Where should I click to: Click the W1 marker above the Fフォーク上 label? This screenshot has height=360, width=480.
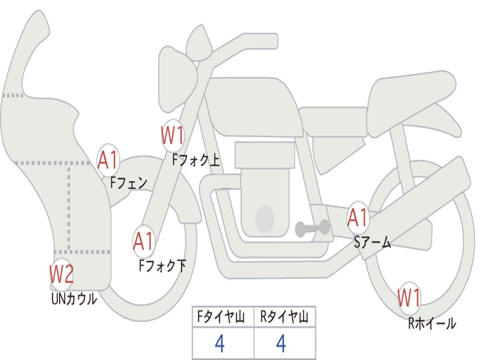click(172, 135)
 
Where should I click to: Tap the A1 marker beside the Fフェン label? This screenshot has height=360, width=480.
click(108, 159)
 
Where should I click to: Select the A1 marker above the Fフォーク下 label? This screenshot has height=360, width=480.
click(143, 241)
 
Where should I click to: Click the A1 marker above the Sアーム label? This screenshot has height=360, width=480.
click(358, 217)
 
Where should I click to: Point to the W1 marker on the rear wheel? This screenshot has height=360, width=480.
click(409, 298)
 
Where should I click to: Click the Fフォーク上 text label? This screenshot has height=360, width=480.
click(196, 160)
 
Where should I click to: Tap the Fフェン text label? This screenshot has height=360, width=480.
click(128, 183)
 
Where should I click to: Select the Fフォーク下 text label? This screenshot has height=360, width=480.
click(162, 265)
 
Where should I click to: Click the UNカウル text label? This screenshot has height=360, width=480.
click(74, 299)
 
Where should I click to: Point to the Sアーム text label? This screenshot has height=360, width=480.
click(373, 242)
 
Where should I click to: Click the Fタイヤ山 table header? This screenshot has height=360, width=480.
click(221, 317)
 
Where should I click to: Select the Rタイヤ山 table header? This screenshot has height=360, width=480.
click(284, 317)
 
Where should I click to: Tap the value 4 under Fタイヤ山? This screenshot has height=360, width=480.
click(220, 344)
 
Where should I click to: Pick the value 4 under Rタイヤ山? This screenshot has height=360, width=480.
click(281, 344)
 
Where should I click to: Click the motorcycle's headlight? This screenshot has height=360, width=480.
click(177, 79)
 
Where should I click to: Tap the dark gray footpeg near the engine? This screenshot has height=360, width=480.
click(312, 228)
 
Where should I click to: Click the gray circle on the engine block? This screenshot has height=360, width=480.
click(265, 218)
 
